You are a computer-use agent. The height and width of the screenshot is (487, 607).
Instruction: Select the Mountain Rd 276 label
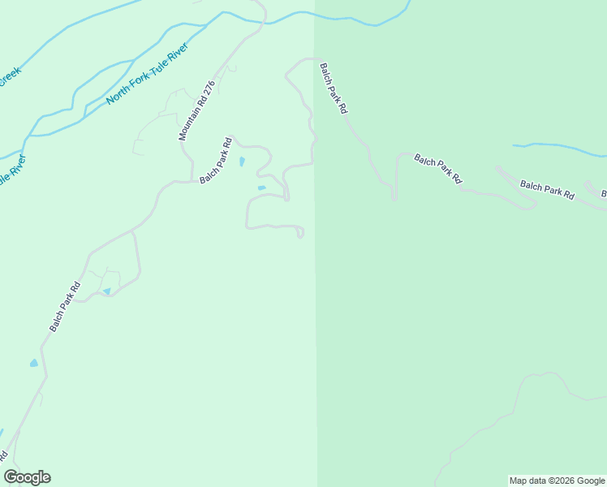click(196, 110)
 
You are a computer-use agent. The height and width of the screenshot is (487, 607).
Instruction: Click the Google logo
click(28, 477)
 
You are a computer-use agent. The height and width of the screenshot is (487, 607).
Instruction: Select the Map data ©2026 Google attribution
click(557, 481)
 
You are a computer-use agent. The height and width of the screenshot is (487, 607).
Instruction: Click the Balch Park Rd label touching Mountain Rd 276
click(216, 159)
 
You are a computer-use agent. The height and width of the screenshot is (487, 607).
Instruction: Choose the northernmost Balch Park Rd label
click(333, 87)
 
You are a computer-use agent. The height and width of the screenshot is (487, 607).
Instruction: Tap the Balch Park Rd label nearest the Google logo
click(65, 307)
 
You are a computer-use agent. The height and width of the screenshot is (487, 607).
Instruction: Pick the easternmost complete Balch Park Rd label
click(547, 190)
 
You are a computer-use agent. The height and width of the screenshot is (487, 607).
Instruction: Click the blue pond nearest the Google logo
click(33, 363)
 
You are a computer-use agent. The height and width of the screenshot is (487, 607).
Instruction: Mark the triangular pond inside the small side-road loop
click(106, 291)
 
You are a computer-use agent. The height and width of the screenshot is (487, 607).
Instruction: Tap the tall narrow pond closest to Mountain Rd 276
click(242, 162)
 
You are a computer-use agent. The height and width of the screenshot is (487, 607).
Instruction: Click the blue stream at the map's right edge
click(560, 149)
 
